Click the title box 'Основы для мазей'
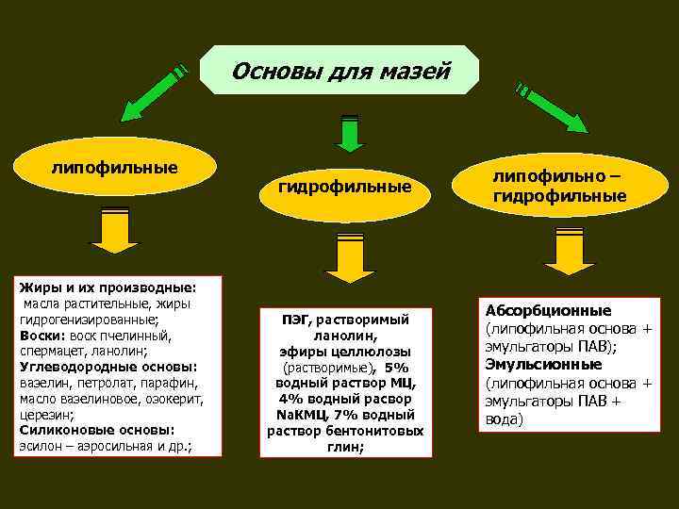click(341, 71)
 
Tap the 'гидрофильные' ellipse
click(344, 188)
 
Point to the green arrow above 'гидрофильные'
click(350, 132)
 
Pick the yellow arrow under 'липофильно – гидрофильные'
click(564, 251)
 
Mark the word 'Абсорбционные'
click(548, 310)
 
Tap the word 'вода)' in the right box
click(504, 419)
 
